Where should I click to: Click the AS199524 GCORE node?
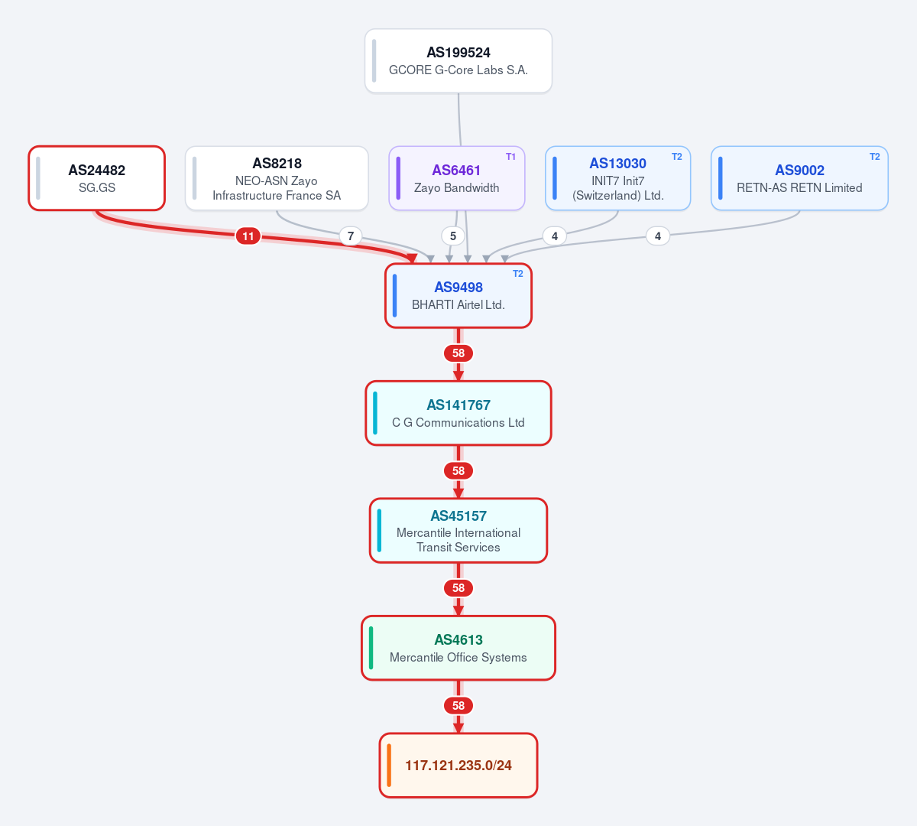[458, 61]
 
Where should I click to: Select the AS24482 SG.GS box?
[96, 178]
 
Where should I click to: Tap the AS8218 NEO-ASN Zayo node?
[277, 178]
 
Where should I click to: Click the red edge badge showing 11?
[248, 236]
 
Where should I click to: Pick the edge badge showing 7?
[351, 236]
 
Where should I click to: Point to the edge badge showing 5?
[453, 236]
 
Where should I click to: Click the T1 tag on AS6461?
[510, 157]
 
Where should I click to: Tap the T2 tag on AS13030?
[676, 157]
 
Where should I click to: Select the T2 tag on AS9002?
[874, 157]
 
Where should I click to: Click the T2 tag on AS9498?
[517, 274]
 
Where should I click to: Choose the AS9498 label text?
[458, 288]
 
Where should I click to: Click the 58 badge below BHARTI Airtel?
[458, 353]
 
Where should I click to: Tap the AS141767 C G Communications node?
[458, 413]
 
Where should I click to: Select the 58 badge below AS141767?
[458, 471]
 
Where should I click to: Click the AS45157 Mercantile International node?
[458, 531]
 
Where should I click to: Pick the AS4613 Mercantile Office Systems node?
[458, 648]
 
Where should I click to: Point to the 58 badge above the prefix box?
[458, 706]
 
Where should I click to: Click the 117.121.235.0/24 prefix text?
[458, 766]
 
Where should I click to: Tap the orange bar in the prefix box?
[389, 766]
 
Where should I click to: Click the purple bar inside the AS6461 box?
[398, 178]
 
